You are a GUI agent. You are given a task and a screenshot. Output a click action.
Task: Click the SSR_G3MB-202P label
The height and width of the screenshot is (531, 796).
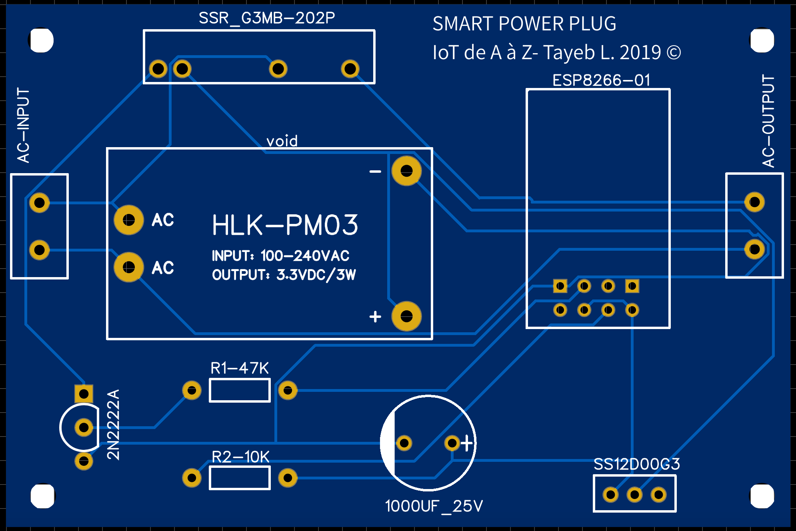(x=267, y=18)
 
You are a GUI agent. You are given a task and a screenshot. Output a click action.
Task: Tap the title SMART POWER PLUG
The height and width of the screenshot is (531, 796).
(x=524, y=24)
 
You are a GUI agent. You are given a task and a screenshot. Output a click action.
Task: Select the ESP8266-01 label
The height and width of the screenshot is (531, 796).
(x=601, y=80)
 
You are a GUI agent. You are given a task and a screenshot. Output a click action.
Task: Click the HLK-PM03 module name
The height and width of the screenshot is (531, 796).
(x=285, y=225)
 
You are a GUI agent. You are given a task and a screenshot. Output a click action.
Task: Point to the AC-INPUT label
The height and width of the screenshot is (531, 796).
(x=24, y=125)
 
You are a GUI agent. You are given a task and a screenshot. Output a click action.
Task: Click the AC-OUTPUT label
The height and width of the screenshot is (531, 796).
(x=768, y=121)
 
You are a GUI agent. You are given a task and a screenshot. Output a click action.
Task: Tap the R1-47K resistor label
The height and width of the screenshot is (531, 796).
(x=240, y=368)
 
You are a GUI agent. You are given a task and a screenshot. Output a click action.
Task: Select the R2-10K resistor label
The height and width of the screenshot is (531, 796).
(x=240, y=457)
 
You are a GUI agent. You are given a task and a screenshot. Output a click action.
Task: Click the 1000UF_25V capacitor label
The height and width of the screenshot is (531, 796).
(x=434, y=506)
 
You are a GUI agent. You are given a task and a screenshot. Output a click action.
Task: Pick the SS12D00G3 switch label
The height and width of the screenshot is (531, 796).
(x=637, y=464)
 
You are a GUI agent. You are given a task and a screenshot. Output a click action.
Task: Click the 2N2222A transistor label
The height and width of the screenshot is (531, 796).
(x=113, y=425)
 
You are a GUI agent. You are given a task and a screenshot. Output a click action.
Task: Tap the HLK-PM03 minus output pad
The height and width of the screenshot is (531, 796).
(x=406, y=171)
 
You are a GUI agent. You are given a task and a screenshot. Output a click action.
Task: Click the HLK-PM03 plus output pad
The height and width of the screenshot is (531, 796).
(x=406, y=316)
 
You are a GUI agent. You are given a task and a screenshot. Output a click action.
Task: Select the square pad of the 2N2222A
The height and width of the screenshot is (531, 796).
(x=84, y=394)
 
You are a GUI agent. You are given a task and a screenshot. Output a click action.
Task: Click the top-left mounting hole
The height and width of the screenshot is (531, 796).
(x=41, y=40)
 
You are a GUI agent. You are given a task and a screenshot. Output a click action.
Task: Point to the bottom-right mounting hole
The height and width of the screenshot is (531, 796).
(x=762, y=496)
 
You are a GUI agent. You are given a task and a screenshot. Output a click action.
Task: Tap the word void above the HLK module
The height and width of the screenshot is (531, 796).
(x=282, y=141)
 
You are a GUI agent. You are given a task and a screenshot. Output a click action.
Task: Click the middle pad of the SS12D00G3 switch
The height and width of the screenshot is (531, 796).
(x=634, y=495)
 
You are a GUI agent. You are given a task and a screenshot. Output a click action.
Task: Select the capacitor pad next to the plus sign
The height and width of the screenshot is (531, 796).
(x=452, y=443)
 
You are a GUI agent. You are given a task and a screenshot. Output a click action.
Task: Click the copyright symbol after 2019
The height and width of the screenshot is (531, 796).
(x=674, y=53)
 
